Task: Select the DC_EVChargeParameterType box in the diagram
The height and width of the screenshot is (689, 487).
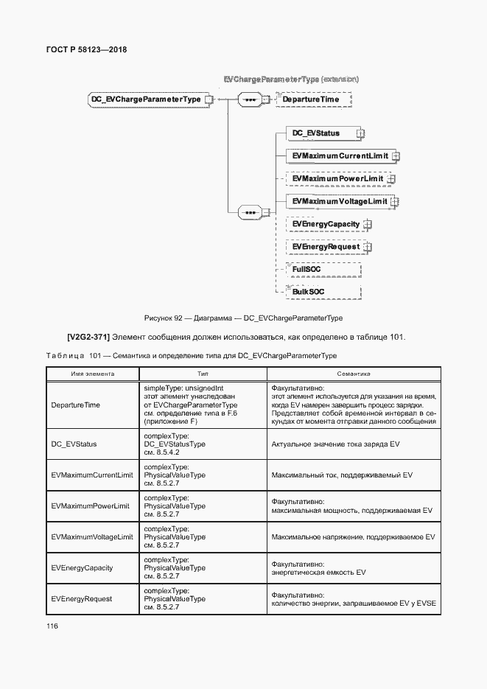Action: (x=146, y=99)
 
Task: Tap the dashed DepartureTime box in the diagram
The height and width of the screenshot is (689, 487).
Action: (x=312, y=99)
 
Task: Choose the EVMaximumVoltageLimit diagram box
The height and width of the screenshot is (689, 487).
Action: (x=339, y=201)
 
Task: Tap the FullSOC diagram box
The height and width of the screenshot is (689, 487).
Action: (x=307, y=270)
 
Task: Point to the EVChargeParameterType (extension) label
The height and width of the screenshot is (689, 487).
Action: (x=291, y=77)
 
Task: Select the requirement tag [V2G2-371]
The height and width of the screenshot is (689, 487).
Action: (x=88, y=337)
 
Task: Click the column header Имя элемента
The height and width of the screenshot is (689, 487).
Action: (x=92, y=374)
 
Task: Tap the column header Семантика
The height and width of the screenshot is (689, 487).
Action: (x=354, y=374)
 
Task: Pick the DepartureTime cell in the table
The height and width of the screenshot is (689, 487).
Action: (x=76, y=405)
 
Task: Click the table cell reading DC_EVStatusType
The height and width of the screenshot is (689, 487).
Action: (x=175, y=444)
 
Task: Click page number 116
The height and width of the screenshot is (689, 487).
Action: (x=52, y=626)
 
